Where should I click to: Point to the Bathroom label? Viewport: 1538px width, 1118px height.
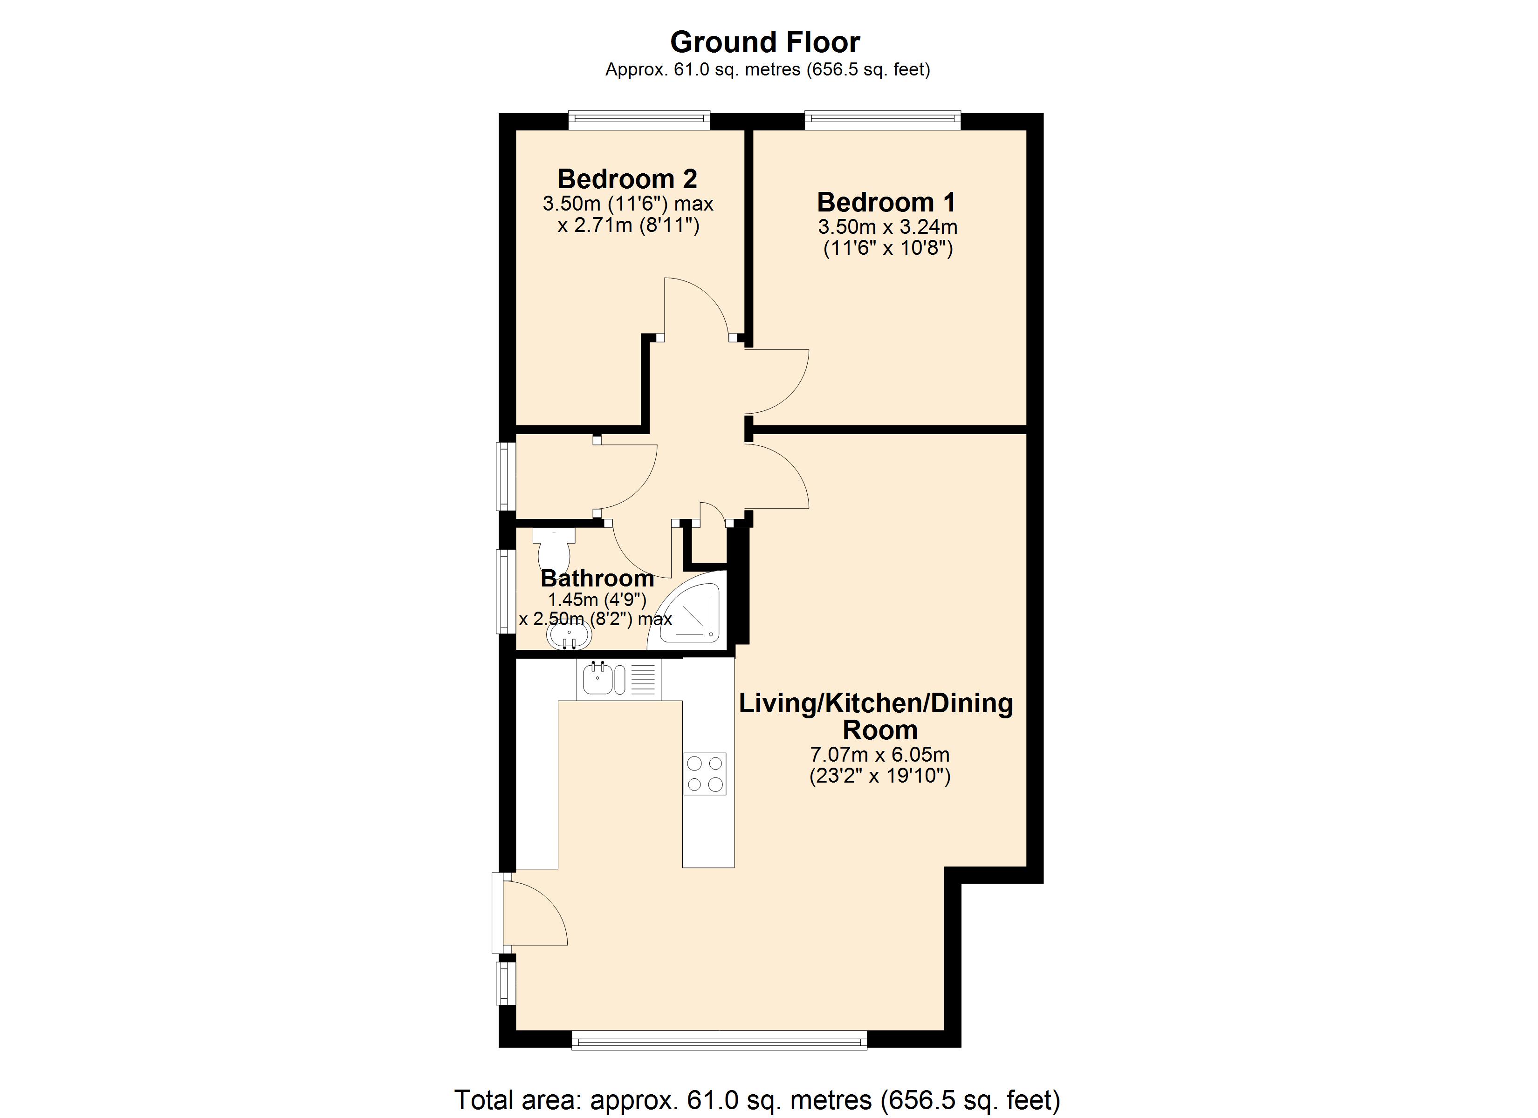[597, 578]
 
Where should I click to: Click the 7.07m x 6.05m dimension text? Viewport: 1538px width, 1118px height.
[879, 755]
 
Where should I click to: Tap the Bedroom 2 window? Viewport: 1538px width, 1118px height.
[639, 121]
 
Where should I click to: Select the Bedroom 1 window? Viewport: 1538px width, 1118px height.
[882, 121]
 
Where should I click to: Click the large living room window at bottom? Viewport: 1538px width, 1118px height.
[719, 1040]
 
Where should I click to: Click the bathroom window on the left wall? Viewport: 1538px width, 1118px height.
[505, 591]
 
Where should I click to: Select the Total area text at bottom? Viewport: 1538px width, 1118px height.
[757, 1100]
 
